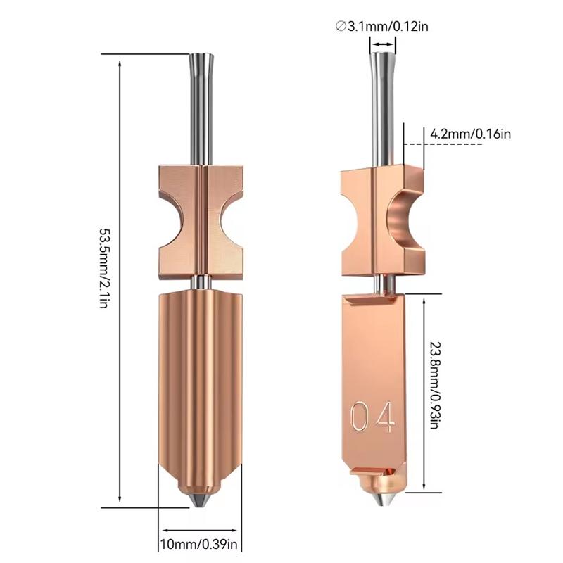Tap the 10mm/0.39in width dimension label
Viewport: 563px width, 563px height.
[x=200, y=543]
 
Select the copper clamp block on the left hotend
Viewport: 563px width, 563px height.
[x=201, y=218]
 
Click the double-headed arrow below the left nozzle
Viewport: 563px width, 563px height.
[x=199, y=530]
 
